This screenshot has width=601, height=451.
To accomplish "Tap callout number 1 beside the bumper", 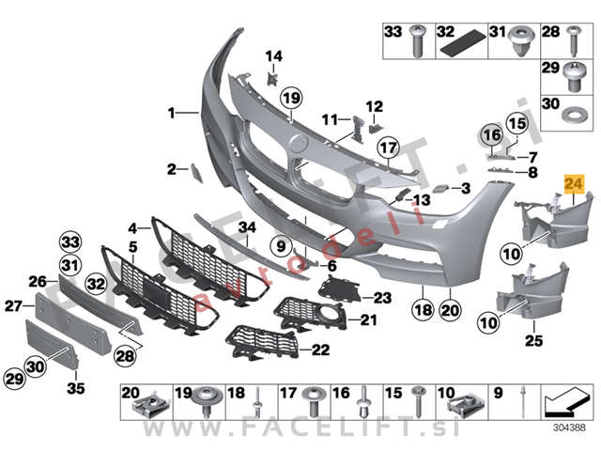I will tap(173, 113).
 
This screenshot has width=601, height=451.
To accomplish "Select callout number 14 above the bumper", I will tap(273, 58).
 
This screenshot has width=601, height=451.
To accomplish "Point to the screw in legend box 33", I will tap(420, 39).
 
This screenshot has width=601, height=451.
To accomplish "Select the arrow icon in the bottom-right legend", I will tap(562, 403).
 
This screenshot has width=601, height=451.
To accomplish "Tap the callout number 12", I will tap(375, 105).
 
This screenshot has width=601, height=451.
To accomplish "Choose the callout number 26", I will tap(37, 280).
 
